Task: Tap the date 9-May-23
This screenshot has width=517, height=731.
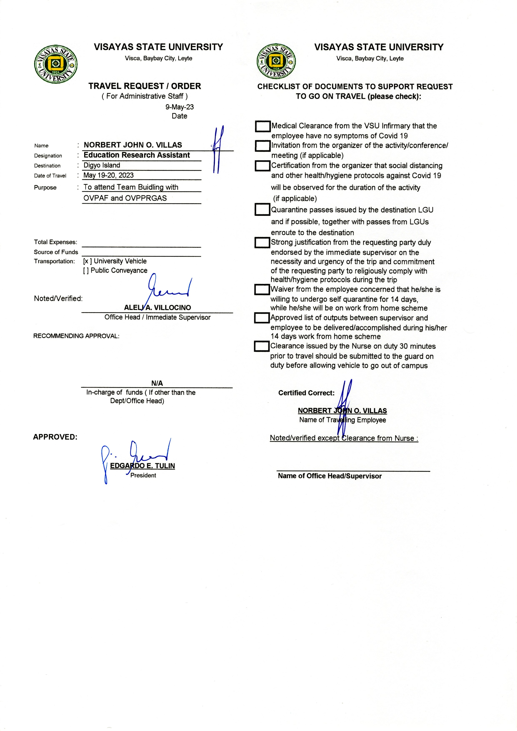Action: (179, 107)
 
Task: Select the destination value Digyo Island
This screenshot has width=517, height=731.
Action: (102, 165)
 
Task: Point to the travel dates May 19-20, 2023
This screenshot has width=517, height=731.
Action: (109, 175)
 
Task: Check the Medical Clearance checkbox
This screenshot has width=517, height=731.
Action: (263, 126)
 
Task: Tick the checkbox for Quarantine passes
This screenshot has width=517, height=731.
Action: (262, 210)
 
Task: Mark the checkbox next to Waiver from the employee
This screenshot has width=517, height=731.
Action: (262, 290)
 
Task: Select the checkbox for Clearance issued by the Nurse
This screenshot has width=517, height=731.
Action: (262, 346)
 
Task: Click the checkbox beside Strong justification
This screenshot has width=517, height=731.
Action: (262, 243)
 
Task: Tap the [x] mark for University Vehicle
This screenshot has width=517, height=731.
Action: (87, 261)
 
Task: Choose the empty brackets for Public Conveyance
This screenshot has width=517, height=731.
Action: (86, 270)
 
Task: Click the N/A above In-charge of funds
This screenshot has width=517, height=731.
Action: (157, 383)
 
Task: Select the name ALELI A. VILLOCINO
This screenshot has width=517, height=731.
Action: (158, 308)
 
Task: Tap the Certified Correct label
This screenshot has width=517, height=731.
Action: (306, 393)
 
